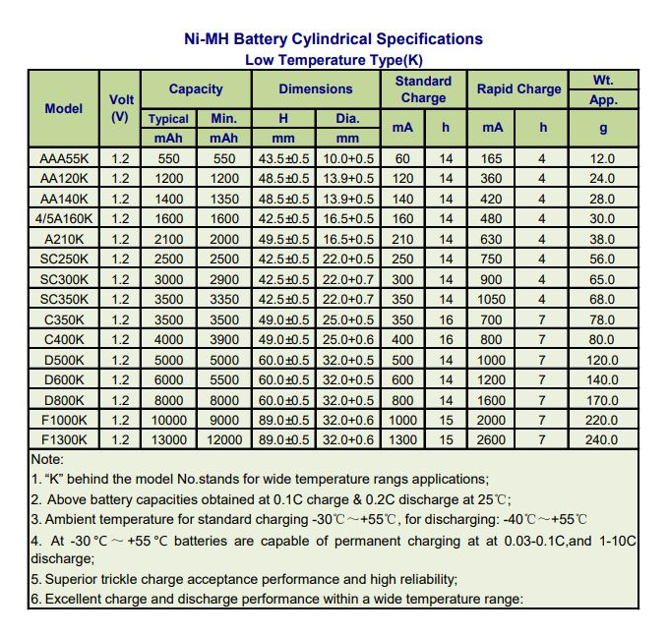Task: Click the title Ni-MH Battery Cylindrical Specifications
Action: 334,39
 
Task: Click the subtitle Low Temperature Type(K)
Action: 334,59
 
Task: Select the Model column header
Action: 64,108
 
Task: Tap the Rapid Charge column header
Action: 518,88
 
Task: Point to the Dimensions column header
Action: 315,88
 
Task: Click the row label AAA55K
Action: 64,158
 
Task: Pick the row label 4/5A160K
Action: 64,218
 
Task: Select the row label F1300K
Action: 64,439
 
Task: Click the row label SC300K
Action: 64,279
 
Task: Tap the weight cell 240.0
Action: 603,439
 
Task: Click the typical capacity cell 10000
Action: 168,420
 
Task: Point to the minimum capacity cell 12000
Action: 224,439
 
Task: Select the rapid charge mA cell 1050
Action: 492,299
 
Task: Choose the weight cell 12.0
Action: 603,158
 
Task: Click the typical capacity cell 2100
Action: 168,239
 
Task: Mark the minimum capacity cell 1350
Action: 224,199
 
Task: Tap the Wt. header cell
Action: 603,80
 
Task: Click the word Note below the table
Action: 47,459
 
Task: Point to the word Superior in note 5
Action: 73,579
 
